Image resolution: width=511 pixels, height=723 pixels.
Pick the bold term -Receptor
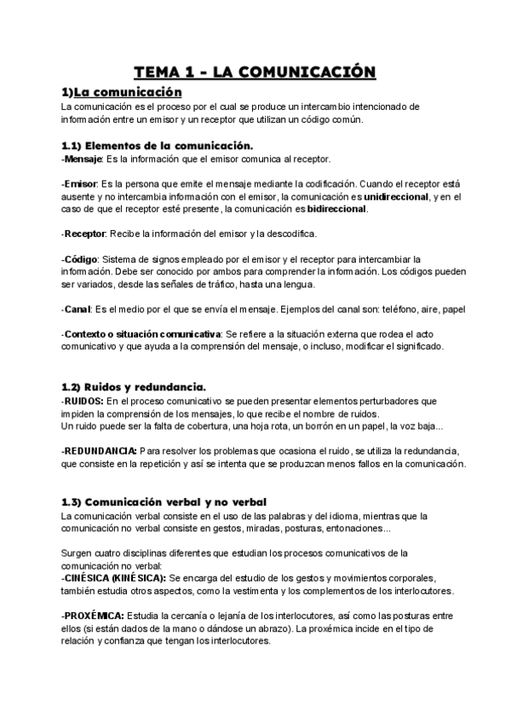pyautogui.click(x=83, y=234)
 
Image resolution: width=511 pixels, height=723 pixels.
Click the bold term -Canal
pyautogui.click(x=78, y=309)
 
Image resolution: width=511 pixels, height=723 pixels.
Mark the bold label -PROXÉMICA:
pyautogui.click(x=93, y=616)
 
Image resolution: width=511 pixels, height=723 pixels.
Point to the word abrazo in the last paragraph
pyautogui.click(x=272, y=628)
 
